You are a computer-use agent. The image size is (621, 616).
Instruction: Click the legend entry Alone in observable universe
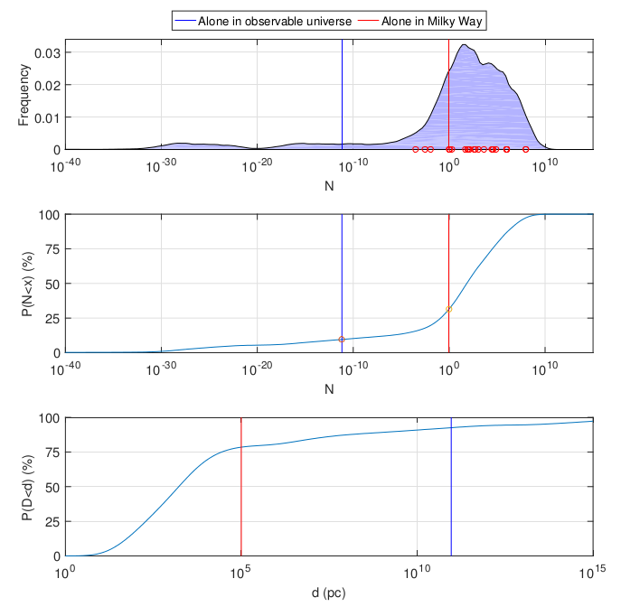(263, 21)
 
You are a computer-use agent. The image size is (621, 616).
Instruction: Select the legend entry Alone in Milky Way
(420, 21)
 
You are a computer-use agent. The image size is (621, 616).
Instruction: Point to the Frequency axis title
(24, 95)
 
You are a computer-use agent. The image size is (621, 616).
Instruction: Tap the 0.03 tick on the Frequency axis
(48, 52)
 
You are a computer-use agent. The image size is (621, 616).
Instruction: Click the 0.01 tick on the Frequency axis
(48, 117)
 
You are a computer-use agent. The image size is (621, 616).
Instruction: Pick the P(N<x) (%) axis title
(27, 284)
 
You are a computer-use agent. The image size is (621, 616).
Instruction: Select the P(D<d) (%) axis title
(27, 488)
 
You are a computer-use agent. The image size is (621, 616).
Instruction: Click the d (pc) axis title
(329, 593)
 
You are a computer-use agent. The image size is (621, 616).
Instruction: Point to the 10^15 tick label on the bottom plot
(592, 572)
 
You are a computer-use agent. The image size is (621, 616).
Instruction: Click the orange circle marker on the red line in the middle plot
(448, 309)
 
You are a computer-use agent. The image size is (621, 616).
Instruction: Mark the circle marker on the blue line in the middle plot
(342, 340)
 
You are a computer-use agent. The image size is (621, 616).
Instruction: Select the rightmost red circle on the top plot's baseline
(525, 150)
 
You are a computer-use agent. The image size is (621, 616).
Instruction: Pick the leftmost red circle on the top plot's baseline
(416, 150)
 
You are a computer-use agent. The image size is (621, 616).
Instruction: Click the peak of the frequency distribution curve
(464, 44)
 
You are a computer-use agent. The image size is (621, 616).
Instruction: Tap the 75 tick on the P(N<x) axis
(52, 249)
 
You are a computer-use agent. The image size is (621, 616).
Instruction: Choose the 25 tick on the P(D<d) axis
(52, 522)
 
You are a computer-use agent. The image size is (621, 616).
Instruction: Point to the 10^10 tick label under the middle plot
(545, 368)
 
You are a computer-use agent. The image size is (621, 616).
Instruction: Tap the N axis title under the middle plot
(329, 389)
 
